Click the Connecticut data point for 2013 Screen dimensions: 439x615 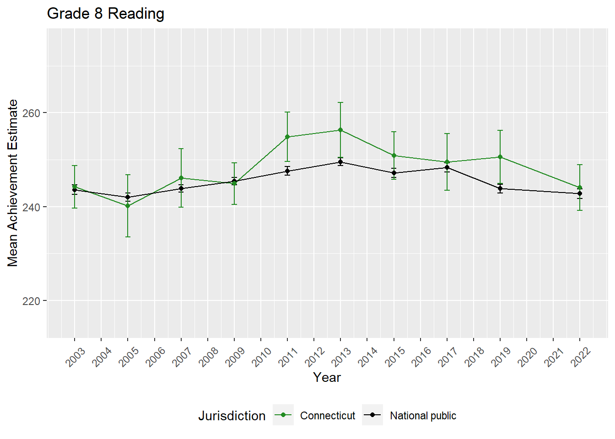coord(340,130)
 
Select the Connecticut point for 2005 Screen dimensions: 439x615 coord(128,206)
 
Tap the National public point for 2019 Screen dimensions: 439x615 coord(500,188)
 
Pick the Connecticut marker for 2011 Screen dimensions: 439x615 coord(287,137)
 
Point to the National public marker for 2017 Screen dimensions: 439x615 coord(447,167)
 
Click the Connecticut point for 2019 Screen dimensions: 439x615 coord(500,157)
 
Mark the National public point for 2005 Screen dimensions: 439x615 coord(128,197)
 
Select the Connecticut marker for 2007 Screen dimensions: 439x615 coord(181,178)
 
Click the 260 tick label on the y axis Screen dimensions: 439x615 coord(31,113)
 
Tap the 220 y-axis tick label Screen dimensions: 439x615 coord(31,301)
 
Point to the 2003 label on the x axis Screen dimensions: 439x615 coord(76,357)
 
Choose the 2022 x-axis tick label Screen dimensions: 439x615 coord(581,357)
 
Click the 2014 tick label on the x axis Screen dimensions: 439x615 coord(368,357)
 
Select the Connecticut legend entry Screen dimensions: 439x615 coord(327,416)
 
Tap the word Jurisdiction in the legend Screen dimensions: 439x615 coord(232,416)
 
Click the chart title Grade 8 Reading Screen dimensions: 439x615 coord(106,14)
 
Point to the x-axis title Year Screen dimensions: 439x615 coord(327,377)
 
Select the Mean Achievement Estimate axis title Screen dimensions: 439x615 coord(13,183)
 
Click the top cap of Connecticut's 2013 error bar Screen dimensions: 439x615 coord(340,102)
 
